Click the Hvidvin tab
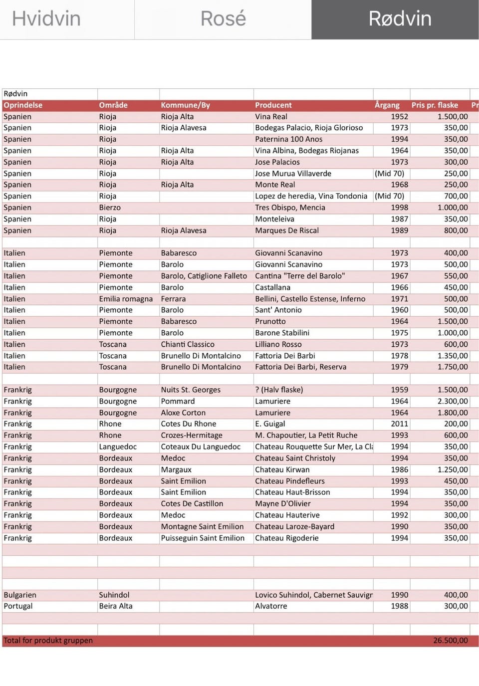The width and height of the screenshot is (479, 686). tap(46, 19)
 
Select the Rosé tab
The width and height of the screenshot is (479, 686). tap(223, 19)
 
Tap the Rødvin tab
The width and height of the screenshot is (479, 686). tap(400, 19)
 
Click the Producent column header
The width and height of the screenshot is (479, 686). tap(273, 105)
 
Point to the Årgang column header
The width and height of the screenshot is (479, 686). tap(387, 105)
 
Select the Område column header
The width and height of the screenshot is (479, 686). tap(113, 105)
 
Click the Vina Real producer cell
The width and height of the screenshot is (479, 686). tap(271, 117)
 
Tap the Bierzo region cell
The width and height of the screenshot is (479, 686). tap(110, 208)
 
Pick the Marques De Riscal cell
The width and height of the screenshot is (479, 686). tap(287, 230)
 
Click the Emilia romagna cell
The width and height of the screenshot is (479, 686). tap(126, 299)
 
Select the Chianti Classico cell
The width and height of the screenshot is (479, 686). tap(188, 344)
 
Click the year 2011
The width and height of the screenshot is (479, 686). tap(399, 424)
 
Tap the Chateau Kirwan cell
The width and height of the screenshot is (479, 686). tap(282, 469)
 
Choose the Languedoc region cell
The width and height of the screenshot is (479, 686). tap(118, 447)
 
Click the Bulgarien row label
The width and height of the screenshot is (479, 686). tap(20, 595)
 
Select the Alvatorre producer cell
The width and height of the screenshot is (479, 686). tap(271, 606)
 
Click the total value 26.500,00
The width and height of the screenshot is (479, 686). tap(451, 641)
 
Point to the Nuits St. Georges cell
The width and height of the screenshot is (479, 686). tap(191, 390)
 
